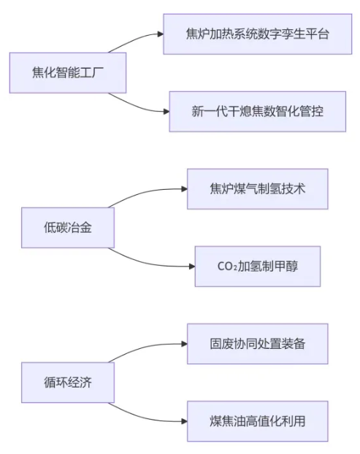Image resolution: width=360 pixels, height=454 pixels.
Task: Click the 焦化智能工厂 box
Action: click(x=68, y=73)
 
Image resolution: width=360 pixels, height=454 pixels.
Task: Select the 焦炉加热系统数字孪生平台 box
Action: click(x=258, y=34)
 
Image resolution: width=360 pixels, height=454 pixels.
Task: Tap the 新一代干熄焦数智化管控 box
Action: click(x=258, y=112)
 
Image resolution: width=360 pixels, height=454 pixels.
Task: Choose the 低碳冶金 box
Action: click(x=68, y=228)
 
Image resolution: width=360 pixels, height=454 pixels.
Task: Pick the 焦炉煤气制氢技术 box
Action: click(x=258, y=189)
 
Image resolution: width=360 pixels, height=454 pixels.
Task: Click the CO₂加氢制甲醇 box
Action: click(x=258, y=266)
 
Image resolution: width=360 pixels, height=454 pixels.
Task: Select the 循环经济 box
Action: click(x=68, y=382)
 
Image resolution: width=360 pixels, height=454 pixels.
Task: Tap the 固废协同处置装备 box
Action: click(x=258, y=344)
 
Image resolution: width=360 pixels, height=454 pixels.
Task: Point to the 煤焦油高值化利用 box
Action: click(x=258, y=421)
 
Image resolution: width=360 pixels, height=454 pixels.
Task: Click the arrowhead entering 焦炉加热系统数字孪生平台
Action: click(x=161, y=34)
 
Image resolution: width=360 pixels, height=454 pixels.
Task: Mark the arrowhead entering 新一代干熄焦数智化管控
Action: click(x=166, y=112)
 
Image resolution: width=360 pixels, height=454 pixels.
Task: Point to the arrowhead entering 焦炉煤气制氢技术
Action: click(x=185, y=189)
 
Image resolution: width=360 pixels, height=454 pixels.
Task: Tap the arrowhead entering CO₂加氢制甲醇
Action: click(x=192, y=266)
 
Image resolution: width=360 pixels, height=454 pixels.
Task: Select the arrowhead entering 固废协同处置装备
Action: click(x=185, y=344)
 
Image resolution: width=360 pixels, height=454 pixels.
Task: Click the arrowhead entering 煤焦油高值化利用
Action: click(x=185, y=421)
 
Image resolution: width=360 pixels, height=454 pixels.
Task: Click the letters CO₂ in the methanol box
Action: click(x=227, y=266)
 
